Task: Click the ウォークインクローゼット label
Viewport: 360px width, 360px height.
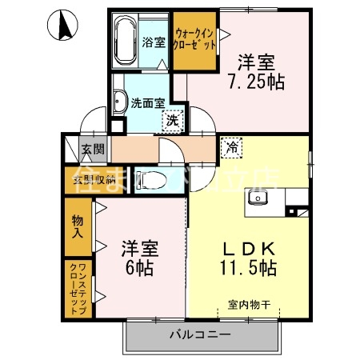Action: coord(194,40)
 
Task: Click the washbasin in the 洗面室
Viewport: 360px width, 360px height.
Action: coord(121,101)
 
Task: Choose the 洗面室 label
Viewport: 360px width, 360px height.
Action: coord(147,102)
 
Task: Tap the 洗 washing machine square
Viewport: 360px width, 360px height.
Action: coord(172,122)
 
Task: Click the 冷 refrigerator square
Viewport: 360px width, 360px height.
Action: coord(231,147)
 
